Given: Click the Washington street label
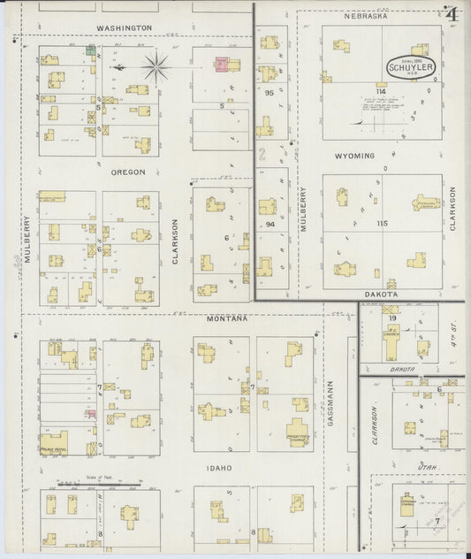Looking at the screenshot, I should (x=125, y=28).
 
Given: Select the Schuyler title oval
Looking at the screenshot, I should (x=413, y=67).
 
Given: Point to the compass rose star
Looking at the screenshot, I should (x=156, y=64).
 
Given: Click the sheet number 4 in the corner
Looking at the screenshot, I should (x=452, y=13).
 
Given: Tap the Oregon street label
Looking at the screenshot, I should (x=128, y=172).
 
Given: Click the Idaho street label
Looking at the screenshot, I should (x=219, y=467).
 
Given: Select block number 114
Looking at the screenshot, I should (x=381, y=91).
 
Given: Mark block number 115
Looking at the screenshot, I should (x=381, y=224).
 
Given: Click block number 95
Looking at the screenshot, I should (x=268, y=92).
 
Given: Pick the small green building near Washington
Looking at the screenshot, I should (x=90, y=50).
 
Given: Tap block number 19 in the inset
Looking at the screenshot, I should (x=391, y=317).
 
